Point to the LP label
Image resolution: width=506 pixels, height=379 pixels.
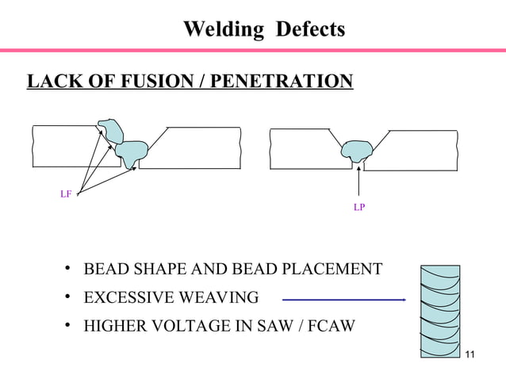point(359,208)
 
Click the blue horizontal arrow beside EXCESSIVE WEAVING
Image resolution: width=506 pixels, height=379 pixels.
point(343,299)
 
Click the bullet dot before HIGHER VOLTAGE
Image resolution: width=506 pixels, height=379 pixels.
point(70,325)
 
